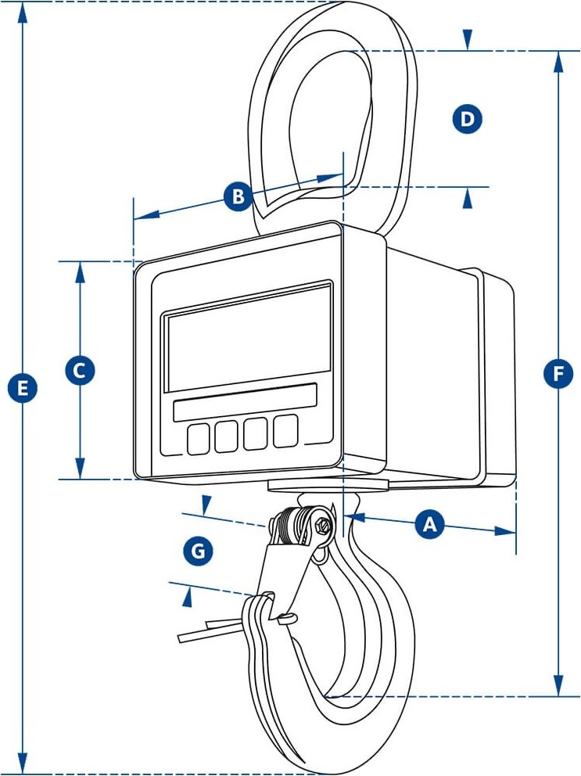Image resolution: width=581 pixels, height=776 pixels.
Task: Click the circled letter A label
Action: pyautogui.click(x=428, y=525)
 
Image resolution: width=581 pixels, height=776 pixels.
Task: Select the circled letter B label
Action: pyautogui.click(x=238, y=196)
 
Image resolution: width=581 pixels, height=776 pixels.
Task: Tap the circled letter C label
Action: pyautogui.click(x=79, y=370)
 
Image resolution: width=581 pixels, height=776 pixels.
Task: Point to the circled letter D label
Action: pyautogui.click(x=467, y=119)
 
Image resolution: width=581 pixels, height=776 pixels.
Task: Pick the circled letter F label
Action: pyautogui.click(x=558, y=373)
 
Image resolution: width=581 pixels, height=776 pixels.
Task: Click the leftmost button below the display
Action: pyautogui.click(x=199, y=439)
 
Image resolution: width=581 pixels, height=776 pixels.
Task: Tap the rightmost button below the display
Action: pyautogui.click(x=285, y=430)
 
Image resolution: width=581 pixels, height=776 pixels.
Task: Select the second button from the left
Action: pyautogui.click(x=228, y=436)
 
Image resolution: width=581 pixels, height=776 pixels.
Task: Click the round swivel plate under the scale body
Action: pyautogui.click(x=328, y=485)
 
